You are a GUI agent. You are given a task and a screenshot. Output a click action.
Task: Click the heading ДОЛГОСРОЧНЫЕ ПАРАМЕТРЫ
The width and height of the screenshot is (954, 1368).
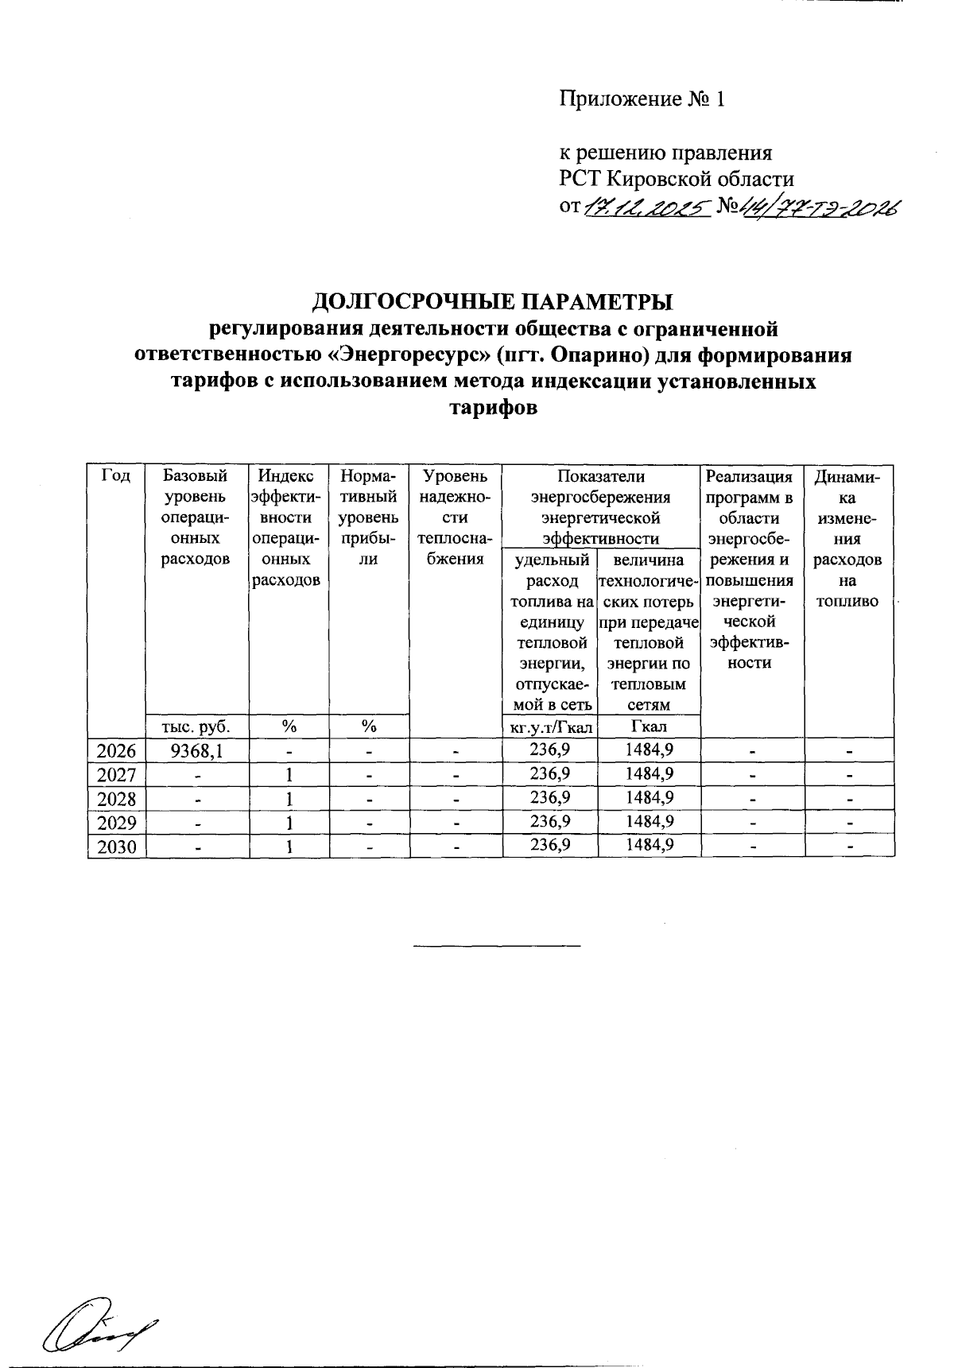pos(491,302)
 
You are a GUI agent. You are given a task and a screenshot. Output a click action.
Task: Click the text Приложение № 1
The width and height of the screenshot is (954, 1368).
pos(642,99)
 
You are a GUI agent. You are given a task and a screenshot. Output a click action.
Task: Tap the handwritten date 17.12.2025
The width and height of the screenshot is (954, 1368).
pos(646,207)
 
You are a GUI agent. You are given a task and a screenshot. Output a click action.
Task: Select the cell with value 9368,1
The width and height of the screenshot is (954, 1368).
pos(196,750)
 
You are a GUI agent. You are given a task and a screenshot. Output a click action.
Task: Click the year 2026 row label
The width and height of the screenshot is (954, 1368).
pos(116,750)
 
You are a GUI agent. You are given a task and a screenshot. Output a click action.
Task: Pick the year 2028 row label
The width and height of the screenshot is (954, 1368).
pos(116,799)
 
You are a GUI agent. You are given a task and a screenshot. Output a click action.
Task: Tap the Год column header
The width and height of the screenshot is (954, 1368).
pos(116,476)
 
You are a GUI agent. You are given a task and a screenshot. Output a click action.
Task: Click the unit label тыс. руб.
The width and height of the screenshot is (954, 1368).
pos(196,726)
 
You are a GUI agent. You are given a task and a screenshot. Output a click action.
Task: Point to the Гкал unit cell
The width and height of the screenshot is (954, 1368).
pos(649,726)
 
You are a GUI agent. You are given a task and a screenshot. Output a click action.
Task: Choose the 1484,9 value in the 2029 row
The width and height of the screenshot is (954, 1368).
pos(650,821)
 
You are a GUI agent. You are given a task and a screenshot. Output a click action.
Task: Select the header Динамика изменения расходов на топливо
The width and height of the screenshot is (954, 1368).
pos(849,538)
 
